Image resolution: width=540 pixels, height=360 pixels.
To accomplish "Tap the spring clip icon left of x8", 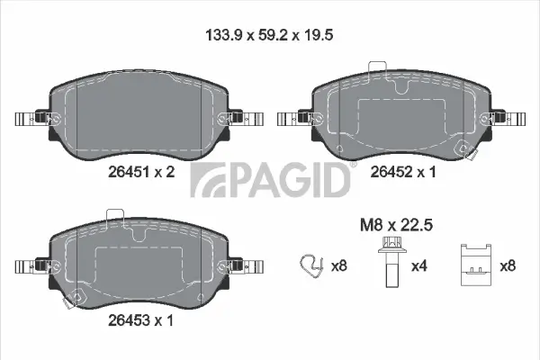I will click(x=310, y=265).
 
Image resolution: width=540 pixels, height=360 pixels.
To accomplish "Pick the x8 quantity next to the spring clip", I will click(x=338, y=265).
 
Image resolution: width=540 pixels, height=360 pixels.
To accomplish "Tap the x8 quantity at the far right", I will click(x=509, y=265).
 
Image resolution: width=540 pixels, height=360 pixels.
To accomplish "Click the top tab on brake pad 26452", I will click(x=377, y=69).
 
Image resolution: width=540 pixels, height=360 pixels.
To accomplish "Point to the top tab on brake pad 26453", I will click(x=115, y=215).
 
